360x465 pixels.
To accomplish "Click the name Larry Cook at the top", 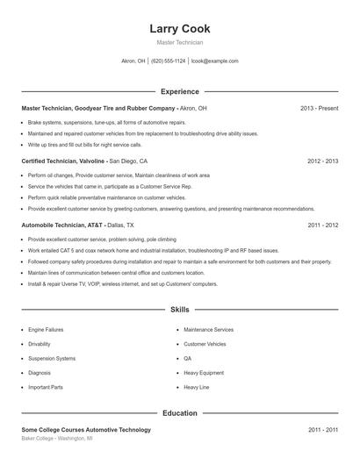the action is click(x=179, y=29).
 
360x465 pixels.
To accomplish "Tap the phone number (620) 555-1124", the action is click(x=169, y=61).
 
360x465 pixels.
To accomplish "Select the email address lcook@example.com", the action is click(x=214, y=61).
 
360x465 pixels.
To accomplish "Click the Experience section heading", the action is click(x=179, y=91).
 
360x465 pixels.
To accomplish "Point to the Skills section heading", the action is click(x=179, y=310).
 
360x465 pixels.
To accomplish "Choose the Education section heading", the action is click(x=179, y=412).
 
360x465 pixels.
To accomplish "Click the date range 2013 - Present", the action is click(x=320, y=108).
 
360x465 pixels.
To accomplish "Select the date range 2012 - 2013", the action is click(x=323, y=161).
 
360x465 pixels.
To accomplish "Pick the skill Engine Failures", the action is click(x=47, y=330).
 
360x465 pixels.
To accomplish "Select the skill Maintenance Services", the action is click(x=208, y=330).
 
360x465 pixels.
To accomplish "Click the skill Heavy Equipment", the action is click(x=204, y=373).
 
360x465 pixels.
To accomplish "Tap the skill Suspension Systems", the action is click(x=52, y=359).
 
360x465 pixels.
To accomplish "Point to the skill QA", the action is click(x=187, y=359).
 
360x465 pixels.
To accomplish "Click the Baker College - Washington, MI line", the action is click(x=60, y=438).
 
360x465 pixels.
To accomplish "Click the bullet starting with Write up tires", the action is click(x=84, y=144).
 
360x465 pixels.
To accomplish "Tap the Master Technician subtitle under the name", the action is click(x=179, y=42).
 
